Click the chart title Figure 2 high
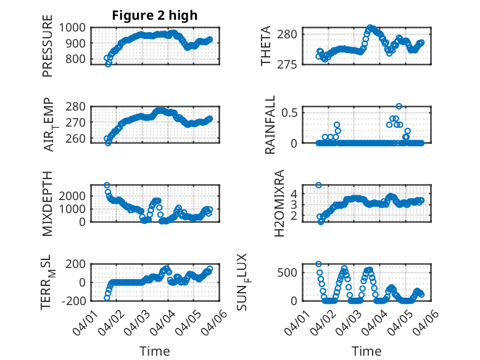154,15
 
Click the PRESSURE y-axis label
48,51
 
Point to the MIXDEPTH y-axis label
48,203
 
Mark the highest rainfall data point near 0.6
399,106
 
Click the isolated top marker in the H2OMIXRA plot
319,185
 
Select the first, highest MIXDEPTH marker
107,185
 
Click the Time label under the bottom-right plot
366,351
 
